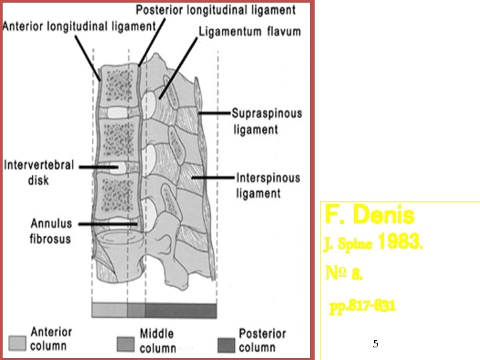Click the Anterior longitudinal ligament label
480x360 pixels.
click(x=79, y=26)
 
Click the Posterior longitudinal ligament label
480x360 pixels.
click(x=215, y=10)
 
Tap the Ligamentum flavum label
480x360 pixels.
click(x=250, y=31)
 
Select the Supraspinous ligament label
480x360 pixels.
click(x=267, y=121)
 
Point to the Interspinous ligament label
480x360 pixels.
click(x=268, y=186)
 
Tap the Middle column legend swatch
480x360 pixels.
click(x=125, y=343)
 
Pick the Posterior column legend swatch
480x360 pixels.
click(x=227, y=343)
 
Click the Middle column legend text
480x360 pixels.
click(x=158, y=340)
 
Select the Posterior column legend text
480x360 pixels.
click(x=262, y=340)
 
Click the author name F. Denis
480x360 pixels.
click(x=369, y=215)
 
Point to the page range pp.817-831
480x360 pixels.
click(x=363, y=306)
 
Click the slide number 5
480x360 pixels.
click(x=375, y=344)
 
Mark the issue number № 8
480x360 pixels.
click(x=344, y=273)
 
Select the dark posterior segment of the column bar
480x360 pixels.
click(x=181, y=310)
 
